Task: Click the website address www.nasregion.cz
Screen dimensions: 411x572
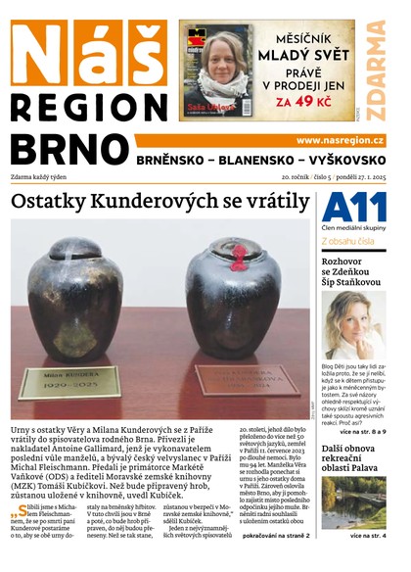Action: coord(340,140)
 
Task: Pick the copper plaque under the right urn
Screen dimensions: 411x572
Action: coord(235,380)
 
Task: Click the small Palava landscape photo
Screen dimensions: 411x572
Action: coord(353,503)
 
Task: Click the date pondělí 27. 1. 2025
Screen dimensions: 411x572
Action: coord(354,177)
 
